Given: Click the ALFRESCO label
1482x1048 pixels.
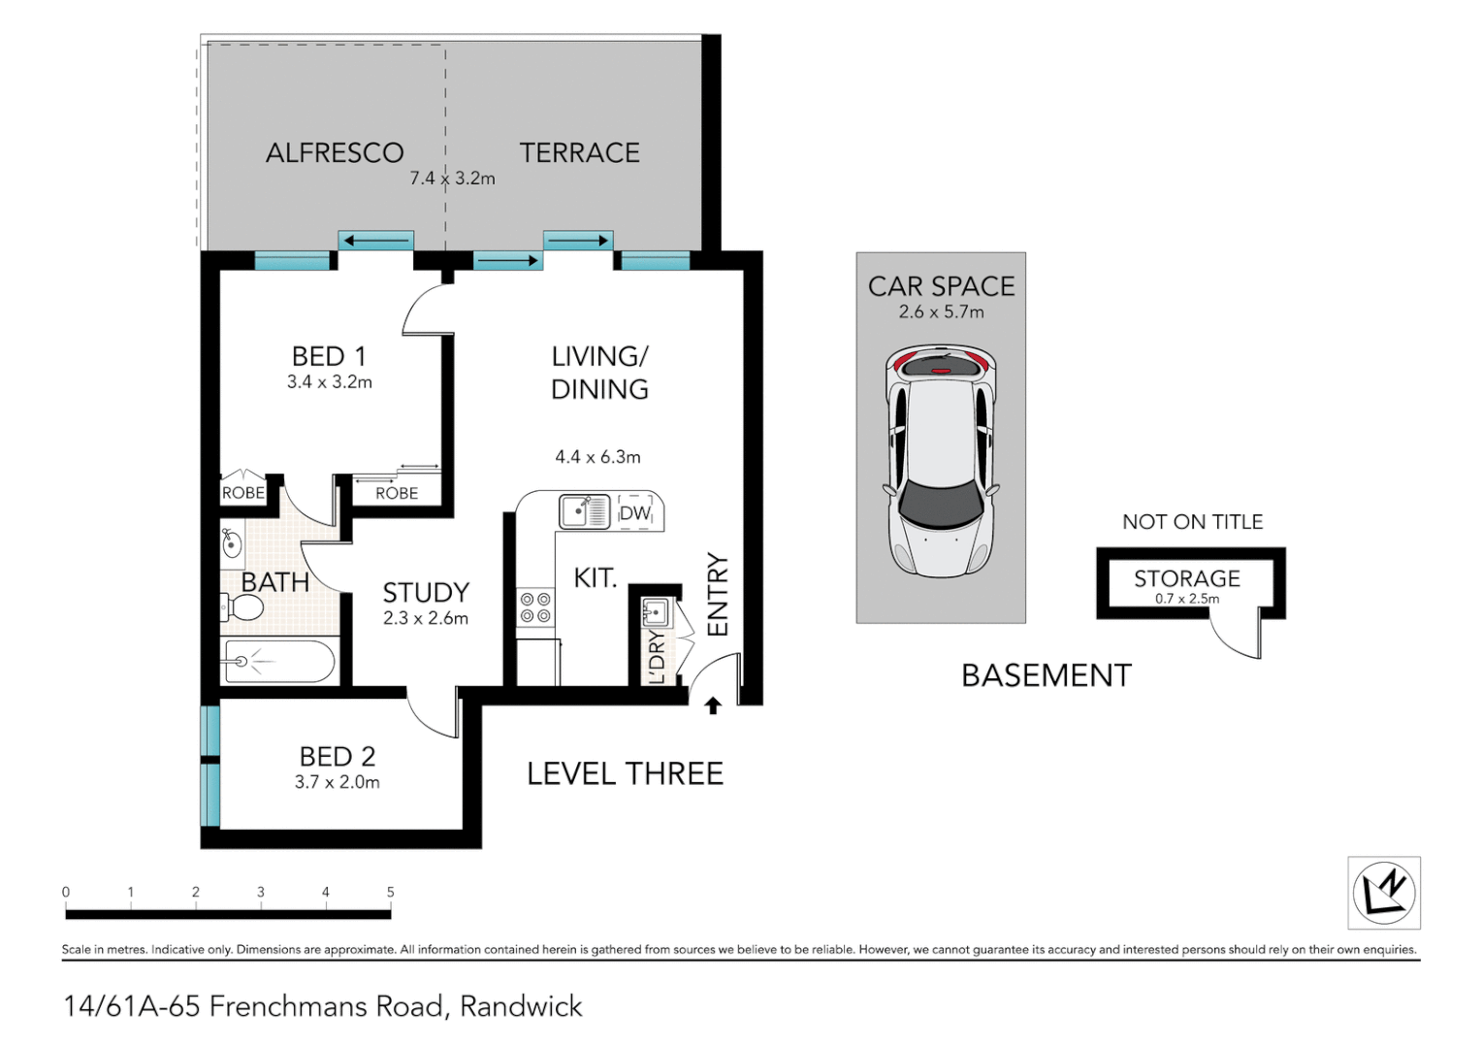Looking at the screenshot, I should [x=335, y=153].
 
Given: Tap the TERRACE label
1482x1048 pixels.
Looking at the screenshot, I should [x=579, y=153].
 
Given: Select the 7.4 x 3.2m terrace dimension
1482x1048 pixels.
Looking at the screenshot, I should [x=452, y=179].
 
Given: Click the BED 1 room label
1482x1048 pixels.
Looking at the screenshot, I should [x=329, y=356].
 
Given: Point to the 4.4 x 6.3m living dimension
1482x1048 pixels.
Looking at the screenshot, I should [x=597, y=457].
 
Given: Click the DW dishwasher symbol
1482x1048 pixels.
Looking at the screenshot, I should [x=635, y=513].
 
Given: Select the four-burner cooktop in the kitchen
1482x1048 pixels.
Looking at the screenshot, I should [x=535, y=608].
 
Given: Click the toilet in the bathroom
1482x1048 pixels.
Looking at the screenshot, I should [x=242, y=608].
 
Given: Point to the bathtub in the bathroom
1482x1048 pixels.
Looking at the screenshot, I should [x=279, y=662].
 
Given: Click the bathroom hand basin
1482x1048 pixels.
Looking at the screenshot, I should [x=232, y=543].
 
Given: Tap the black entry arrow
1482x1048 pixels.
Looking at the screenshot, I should [x=713, y=705].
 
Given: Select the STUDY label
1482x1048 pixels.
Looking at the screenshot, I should [x=426, y=593].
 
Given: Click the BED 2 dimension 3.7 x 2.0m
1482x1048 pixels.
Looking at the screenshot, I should [x=337, y=782].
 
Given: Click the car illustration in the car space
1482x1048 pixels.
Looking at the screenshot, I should [x=940, y=461].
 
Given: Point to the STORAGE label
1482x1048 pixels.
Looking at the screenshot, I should [x=1187, y=578].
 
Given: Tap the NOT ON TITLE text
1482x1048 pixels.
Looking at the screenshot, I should [x=1192, y=522].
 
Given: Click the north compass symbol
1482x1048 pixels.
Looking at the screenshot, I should [x=1384, y=893].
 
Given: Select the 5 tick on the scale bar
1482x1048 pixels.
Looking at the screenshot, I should [x=391, y=893].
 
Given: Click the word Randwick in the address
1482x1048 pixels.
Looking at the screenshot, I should [x=521, y=1007].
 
